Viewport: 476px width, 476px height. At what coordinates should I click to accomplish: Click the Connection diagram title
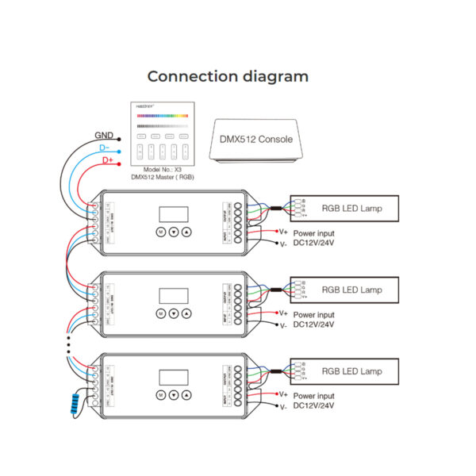coord(228,77)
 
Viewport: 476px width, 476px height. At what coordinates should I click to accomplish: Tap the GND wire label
coord(103,136)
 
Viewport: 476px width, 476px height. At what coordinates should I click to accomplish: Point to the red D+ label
coord(109,161)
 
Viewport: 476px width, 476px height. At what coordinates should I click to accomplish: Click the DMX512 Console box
coord(255,140)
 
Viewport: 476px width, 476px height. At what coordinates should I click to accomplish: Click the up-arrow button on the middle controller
coord(187,313)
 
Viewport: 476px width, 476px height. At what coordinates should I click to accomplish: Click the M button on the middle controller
coord(160,313)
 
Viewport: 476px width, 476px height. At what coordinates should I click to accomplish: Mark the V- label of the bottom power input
coord(283,407)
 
